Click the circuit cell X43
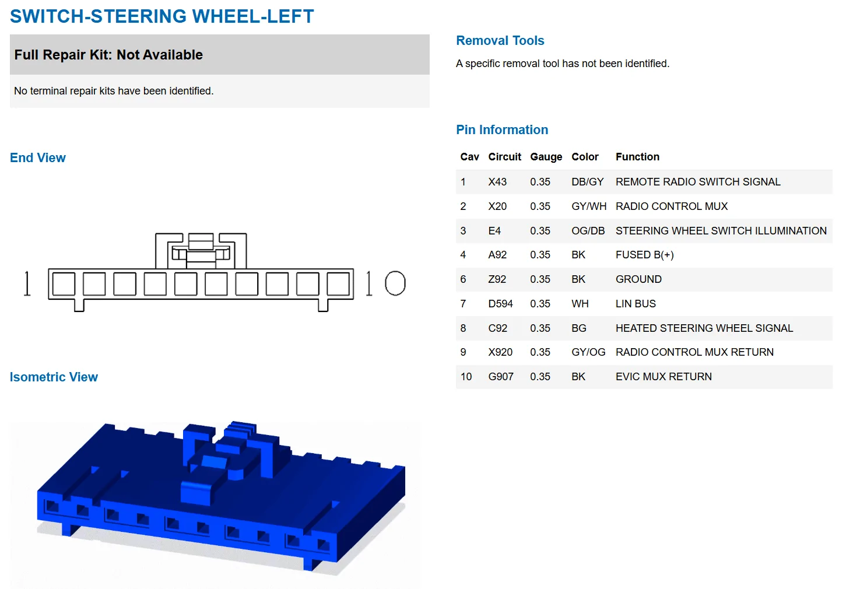497,182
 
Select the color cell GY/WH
589,206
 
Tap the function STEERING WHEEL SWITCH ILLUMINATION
721,231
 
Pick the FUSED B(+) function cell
644,255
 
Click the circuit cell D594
500,304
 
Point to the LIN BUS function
636,304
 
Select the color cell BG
578,328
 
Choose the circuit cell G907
501,377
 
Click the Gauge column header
546,157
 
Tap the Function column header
637,157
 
